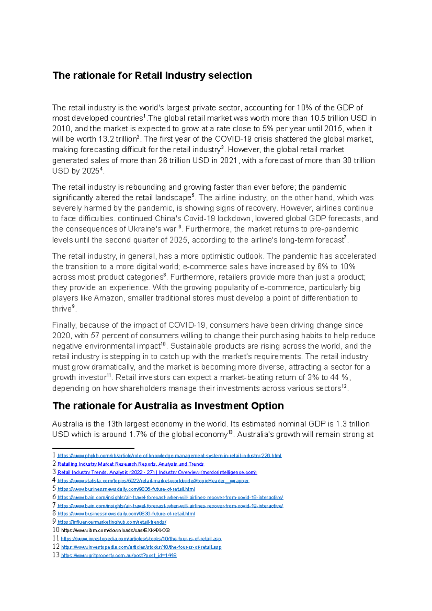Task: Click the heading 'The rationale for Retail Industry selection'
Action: [x=152, y=76]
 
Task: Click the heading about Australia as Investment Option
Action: [x=168, y=406]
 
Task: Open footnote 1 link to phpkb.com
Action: [x=169, y=456]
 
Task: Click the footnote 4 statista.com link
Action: [x=153, y=481]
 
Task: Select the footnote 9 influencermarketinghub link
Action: [x=112, y=522]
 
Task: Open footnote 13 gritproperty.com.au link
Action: [x=119, y=556]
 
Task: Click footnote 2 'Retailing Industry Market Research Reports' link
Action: [x=131, y=464]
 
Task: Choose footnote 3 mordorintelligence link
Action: [x=157, y=472]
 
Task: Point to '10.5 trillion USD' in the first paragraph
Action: [x=339, y=118]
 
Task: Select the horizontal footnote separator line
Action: [x=93, y=448]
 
